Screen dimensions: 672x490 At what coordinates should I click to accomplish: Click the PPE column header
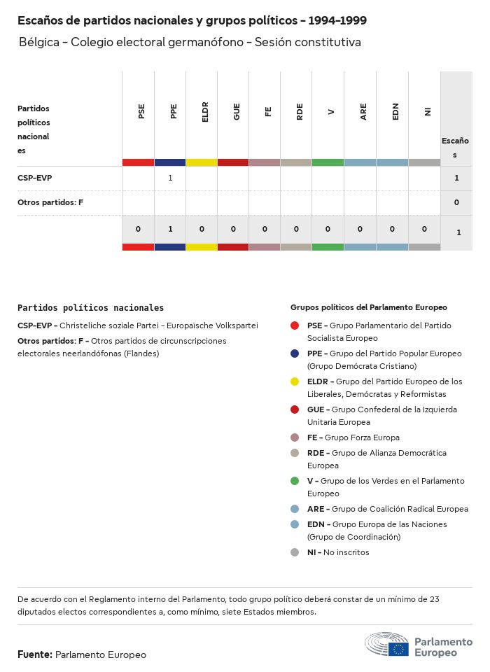coord(174,111)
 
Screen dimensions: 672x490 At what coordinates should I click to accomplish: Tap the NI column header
coord(427,111)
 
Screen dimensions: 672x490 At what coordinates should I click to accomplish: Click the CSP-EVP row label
coord(35,178)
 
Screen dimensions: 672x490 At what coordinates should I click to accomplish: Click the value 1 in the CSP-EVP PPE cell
coord(170,178)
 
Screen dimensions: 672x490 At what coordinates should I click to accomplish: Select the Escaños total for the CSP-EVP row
coord(456,178)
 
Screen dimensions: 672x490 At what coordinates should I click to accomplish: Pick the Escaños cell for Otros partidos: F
coord(456,202)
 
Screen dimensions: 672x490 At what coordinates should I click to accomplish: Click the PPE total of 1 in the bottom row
coord(170,229)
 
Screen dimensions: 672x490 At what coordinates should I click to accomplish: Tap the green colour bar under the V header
coord(328,162)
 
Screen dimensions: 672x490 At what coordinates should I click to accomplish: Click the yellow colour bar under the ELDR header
coord(202,162)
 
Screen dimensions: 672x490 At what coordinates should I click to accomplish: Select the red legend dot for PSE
coord(295,325)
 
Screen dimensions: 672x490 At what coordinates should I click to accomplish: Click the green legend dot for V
coord(295,481)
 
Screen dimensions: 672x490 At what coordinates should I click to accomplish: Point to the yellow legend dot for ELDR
coord(295,381)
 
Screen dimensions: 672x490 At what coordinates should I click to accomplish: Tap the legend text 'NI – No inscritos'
coord(338,552)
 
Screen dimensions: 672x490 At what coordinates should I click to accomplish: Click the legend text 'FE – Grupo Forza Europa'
coord(353,437)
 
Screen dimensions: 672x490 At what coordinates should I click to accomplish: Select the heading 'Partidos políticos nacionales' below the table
coord(91,307)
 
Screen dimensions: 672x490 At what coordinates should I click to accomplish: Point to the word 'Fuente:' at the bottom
coord(35,654)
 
